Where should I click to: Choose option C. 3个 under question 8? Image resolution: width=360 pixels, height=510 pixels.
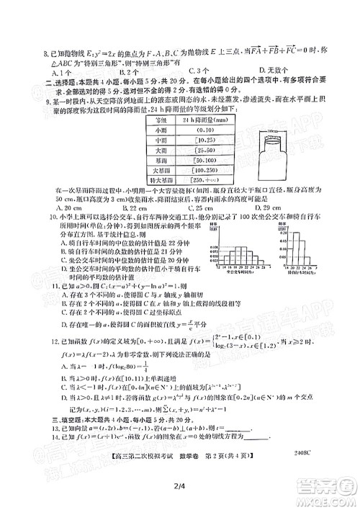(x=199, y=72)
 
